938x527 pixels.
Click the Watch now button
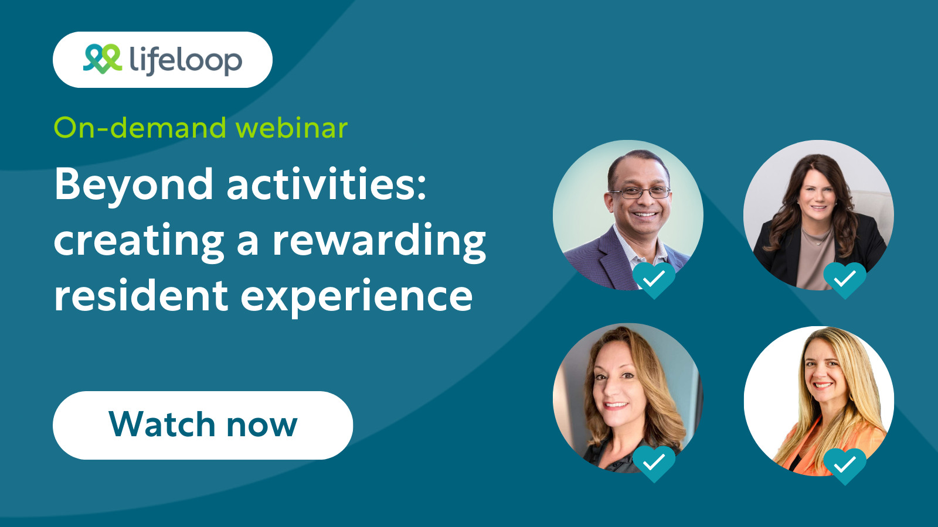coord(203,425)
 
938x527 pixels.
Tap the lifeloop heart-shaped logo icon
coord(103,59)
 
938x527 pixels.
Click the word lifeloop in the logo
coord(185,60)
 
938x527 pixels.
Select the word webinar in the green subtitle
coord(291,128)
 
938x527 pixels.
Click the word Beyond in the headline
coord(134,184)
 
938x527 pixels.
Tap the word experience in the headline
coord(357,296)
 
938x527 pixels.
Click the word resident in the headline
coord(141,295)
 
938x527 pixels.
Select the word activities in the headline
coord(326,184)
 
